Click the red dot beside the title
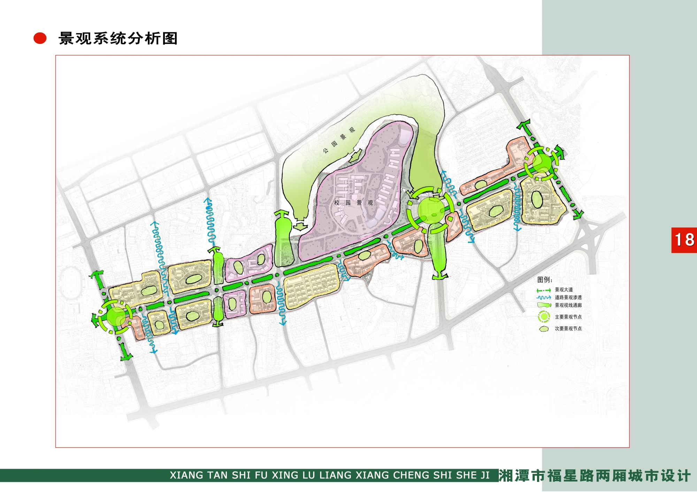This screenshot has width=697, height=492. click(x=40, y=38)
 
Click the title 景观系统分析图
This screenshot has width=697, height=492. click(x=118, y=38)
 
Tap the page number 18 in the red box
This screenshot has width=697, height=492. click(x=684, y=240)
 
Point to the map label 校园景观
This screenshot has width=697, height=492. click(x=353, y=203)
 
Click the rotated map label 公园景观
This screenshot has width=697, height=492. click(x=338, y=140)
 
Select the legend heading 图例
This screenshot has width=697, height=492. click(x=545, y=280)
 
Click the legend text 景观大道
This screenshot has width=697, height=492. click(x=564, y=290)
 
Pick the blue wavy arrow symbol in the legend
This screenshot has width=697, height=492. click(x=544, y=298)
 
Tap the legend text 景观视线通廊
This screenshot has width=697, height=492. click(x=568, y=305)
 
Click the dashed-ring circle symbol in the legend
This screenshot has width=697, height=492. click(x=544, y=317)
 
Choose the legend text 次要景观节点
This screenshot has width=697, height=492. click(x=568, y=329)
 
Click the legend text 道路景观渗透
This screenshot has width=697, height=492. click(x=568, y=298)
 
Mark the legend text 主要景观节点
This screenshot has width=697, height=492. click(x=568, y=317)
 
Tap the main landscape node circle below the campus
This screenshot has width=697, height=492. click(x=431, y=210)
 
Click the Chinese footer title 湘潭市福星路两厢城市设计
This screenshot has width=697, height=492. click(x=595, y=476)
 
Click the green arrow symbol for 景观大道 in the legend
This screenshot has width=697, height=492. click(x=544, y=290)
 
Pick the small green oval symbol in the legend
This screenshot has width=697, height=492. click(x=544, y=329)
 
